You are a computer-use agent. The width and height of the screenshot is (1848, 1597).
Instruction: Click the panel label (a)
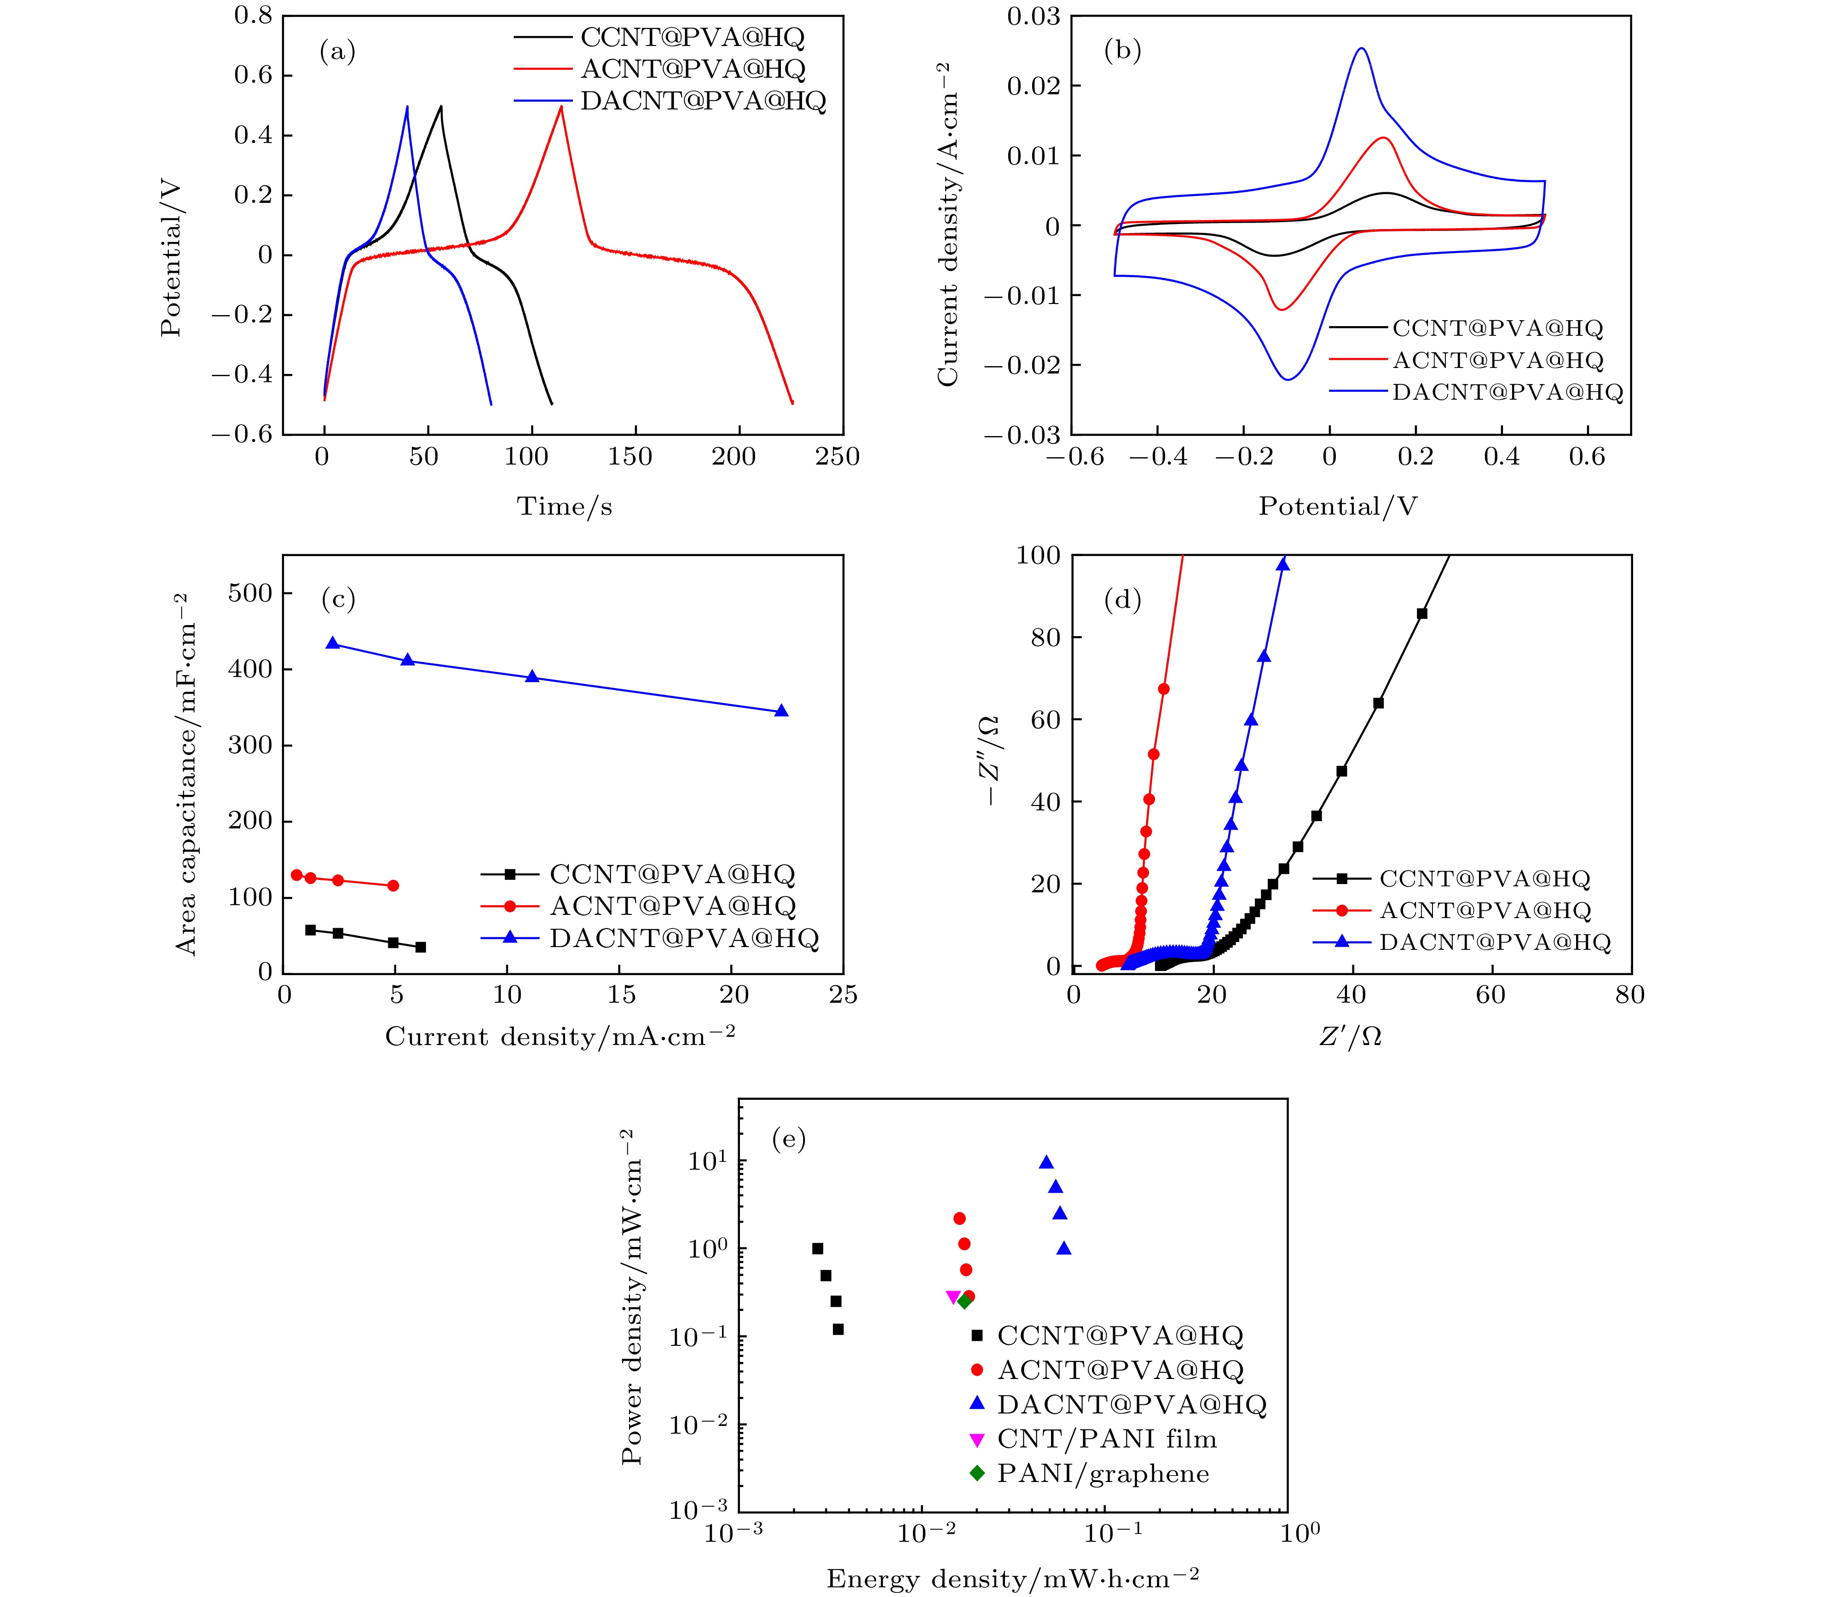pos(337,52)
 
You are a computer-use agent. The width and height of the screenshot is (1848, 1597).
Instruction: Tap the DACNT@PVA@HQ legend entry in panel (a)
pos(703,101)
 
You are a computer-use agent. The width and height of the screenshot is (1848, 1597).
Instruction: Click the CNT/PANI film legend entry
pos(1106,1439)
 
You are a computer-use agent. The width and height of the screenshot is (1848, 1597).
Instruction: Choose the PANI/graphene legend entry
pos(1103,1474)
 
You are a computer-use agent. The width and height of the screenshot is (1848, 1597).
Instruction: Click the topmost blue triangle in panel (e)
pos(1046,1162)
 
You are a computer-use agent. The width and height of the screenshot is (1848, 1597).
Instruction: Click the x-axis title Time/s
pos(565,506)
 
